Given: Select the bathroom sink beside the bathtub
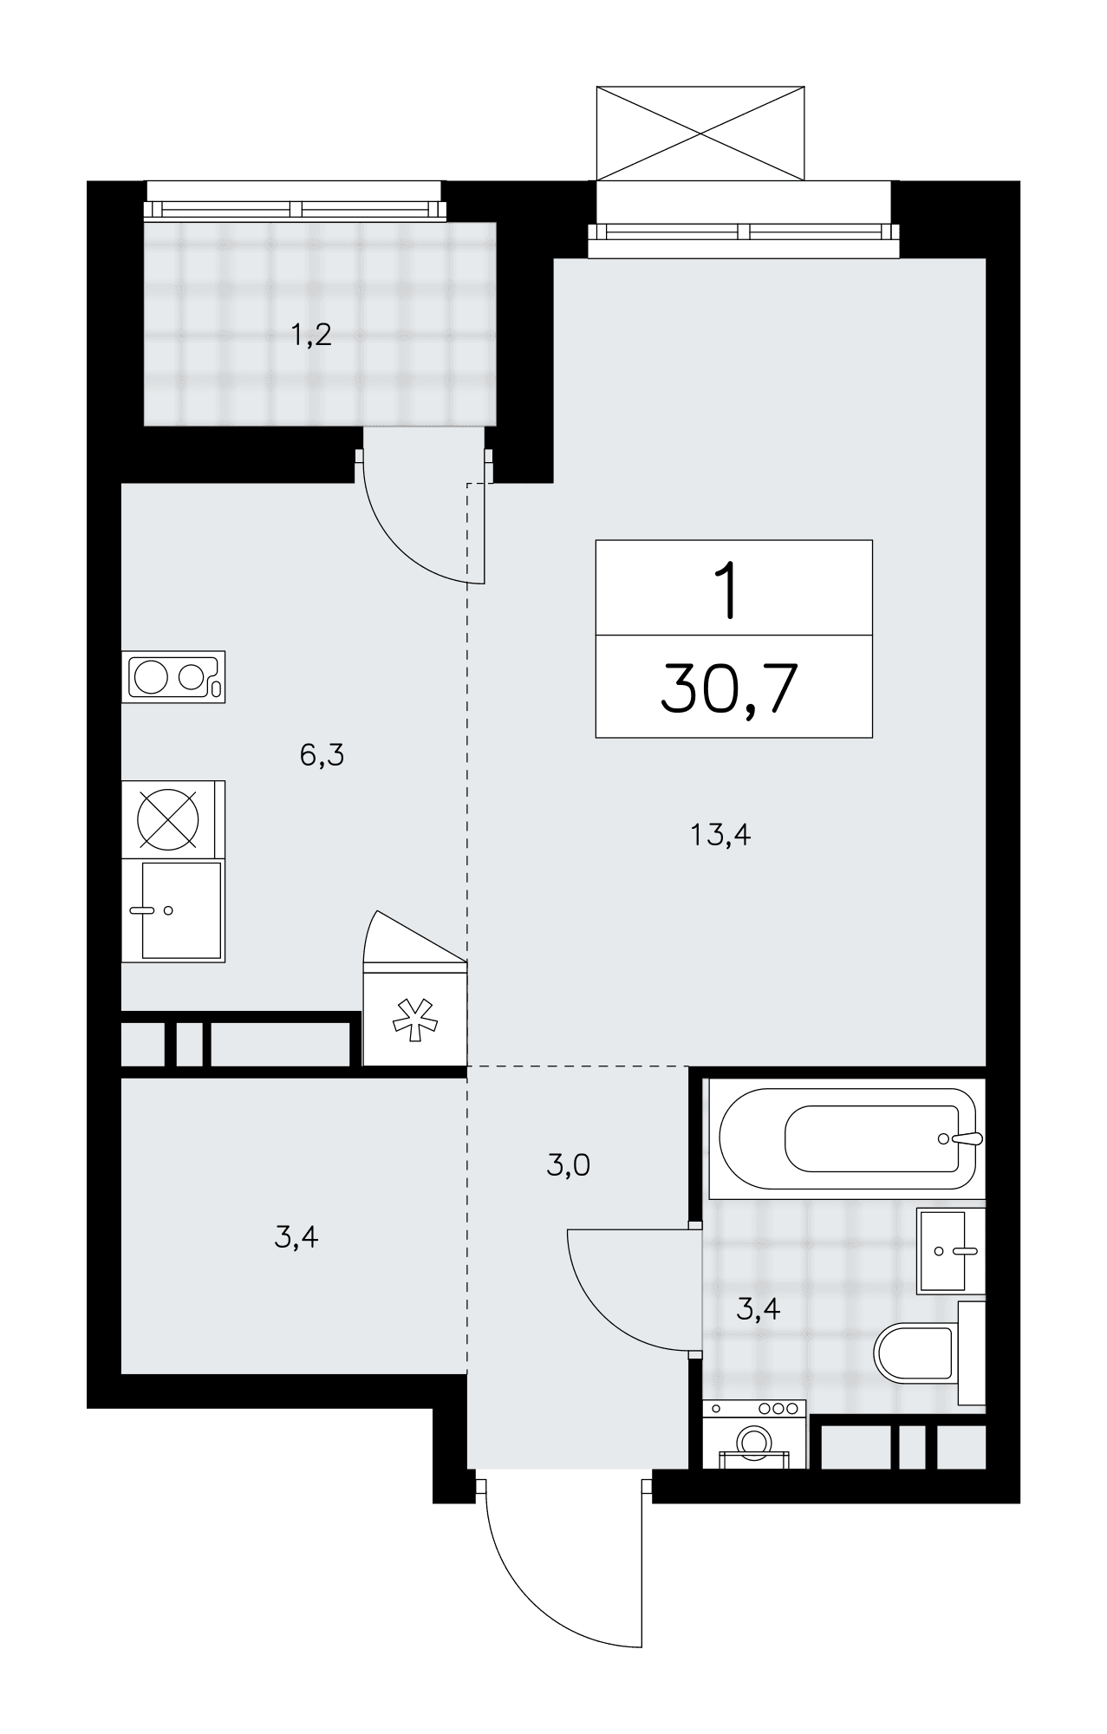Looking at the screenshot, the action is [x=951, y=1250].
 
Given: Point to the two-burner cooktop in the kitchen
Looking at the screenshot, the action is [x=173, y=676].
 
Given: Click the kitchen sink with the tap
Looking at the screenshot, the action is [x=173, y=910].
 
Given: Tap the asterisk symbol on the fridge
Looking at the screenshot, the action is [x=415, y=1019].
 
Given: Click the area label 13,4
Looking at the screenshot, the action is [x=720, y=836].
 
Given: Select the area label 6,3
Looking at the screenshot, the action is [x=322, y=756].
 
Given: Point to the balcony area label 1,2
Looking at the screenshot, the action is [x=311, y=335].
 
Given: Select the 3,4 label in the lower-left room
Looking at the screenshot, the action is [x=296, y=1237].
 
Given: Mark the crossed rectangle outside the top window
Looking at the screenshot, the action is [x=700, y=133].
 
